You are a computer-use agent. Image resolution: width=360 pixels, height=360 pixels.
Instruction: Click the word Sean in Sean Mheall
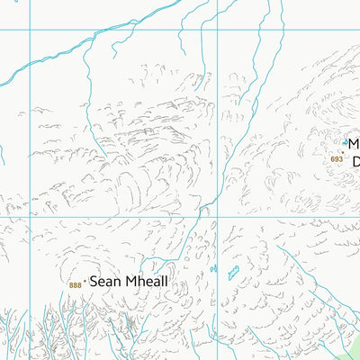pos(104,282)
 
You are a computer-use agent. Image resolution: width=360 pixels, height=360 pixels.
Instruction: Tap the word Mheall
pos(144,282)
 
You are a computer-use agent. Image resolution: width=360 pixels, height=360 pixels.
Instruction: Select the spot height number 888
pos(74,285)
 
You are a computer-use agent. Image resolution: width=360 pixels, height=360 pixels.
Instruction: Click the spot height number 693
pos(337,159)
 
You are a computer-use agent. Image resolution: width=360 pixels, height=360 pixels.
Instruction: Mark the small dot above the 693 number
pos(341,152)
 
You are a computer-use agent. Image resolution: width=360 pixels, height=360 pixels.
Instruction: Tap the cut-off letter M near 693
pos(354,144)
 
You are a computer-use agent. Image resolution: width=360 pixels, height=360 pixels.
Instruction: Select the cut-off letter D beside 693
pos(355,162)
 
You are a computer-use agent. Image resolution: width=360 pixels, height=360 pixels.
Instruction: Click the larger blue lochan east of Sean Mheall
pos(234,273)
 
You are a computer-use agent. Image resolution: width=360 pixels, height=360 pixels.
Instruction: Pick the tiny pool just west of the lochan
pos(214,268)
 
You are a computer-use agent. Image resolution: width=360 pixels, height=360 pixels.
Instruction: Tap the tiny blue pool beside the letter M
pos(345,142)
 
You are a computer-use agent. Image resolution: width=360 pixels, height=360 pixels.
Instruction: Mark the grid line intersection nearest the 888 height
pos(31,217)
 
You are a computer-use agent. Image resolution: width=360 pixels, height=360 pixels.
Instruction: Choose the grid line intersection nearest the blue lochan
pos(217,217)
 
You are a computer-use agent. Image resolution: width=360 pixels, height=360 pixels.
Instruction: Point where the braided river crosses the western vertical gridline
pos(31,63)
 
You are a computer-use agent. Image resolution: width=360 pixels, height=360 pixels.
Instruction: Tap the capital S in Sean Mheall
pos(94,282)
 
